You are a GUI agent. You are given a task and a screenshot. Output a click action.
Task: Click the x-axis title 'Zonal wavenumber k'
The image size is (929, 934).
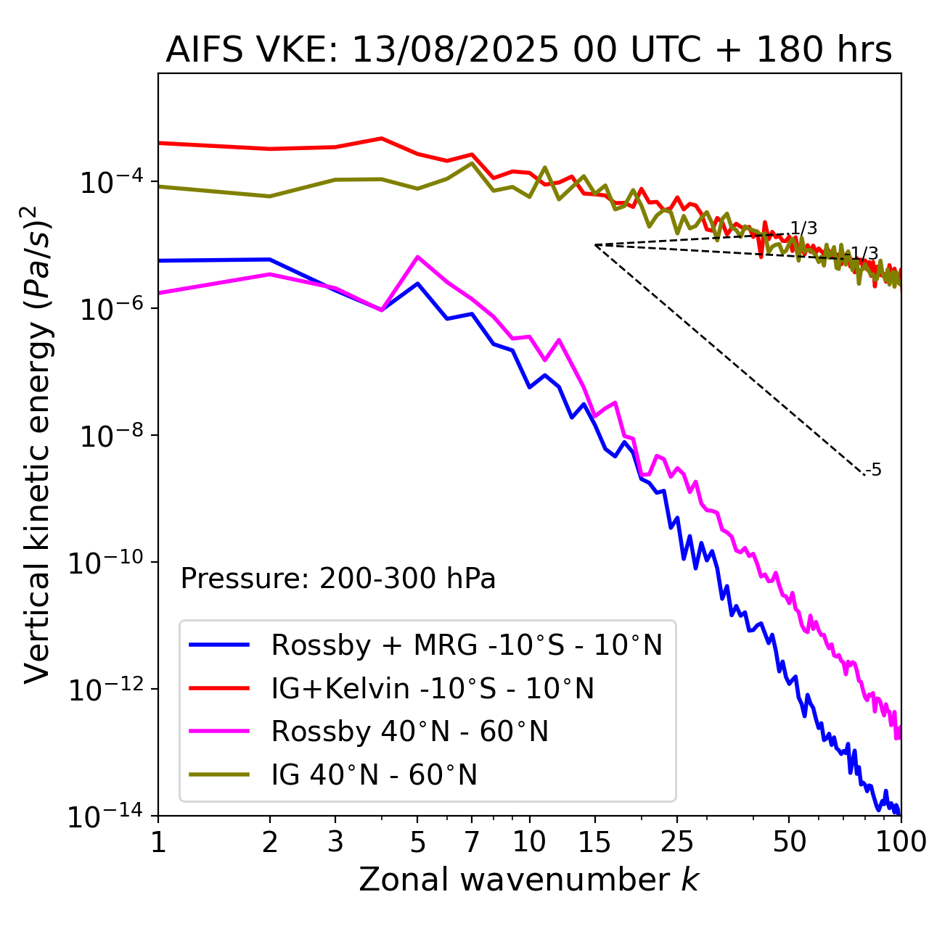point(528,880)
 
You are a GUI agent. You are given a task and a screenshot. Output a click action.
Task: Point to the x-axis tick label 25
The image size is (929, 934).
point(676,842)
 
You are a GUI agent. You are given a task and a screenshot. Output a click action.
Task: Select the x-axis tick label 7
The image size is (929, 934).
point(472,842)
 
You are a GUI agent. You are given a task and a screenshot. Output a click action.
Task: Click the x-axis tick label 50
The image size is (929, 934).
point(789,842)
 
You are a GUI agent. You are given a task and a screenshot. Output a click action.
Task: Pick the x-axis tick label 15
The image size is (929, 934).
point(594,842)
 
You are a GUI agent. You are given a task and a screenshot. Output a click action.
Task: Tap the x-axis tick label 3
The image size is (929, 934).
point(335,842)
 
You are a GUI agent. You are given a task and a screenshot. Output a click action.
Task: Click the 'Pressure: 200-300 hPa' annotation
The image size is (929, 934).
point(338,579)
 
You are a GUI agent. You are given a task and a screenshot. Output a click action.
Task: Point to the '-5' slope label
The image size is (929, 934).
point(874,470)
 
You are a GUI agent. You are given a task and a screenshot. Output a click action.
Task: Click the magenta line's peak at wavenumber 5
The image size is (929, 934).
point(417,257)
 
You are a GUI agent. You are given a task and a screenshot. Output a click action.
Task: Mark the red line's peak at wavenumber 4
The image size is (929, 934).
point(382,138)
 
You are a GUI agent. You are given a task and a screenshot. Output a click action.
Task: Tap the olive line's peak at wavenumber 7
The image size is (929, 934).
point(472,162)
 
